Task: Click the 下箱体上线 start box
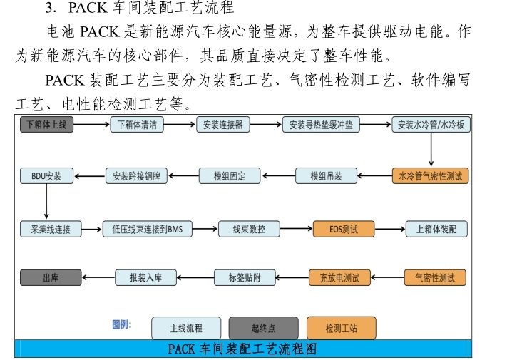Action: (x=46, y=125)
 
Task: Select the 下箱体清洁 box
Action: (x=136, y=125)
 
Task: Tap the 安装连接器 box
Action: (x=223, y=125)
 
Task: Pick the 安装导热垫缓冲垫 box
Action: (x=322, y=125)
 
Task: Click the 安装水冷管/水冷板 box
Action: (x=431, y=125)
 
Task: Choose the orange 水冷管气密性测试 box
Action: (x=431, y=175)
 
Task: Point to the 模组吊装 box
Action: (x=326, y=175)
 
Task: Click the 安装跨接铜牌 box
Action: (x=136, y=175)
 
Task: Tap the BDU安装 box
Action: (x=46, y=175)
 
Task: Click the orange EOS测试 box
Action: (x=342, y=230)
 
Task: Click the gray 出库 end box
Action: (x=50, y=277)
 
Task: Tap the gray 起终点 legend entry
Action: (x=263, y=329)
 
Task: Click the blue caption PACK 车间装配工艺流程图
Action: (x=242, y=349)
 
